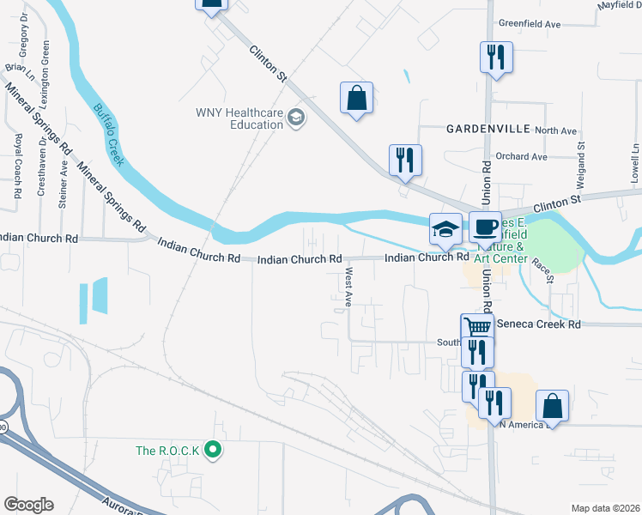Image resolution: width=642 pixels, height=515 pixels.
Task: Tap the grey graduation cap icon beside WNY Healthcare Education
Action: point(296,117)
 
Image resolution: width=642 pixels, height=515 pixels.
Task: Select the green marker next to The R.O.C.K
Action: point(215,450)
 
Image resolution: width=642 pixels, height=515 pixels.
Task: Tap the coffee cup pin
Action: point(485,227)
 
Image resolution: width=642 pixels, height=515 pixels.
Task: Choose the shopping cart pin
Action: point(477,328)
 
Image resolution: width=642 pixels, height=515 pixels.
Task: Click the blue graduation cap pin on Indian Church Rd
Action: point(445,229)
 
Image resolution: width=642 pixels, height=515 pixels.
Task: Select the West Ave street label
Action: point(348,288)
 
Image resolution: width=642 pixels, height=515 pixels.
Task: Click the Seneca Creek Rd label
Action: point(545,324)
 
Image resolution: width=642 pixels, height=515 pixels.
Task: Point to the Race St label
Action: point(544,270)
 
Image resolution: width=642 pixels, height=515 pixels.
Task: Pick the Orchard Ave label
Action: point(521,157)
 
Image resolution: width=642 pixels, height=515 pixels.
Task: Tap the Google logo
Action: point(27,504)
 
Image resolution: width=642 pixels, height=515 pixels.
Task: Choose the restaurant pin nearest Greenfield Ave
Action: point(496,58)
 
